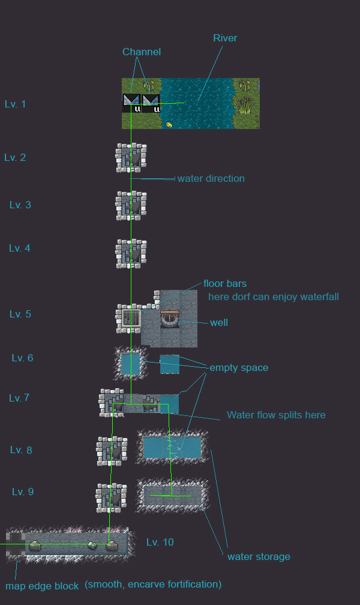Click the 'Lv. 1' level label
pyautogui.click(x=15, y=104)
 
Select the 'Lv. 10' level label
pyautogui.click(x=160, y=542)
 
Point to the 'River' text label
pyautogui.click(x=225, y=38)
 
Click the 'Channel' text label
pyautogui.click(x=142, y=52)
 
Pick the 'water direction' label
pyautogui.click(x=211, y=178)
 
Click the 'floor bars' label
pyautogui.click(x=225, y=283)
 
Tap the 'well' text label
pyautogui.click(x=219, y=322)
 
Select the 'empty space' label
pyautogui.click(x=238, y=367)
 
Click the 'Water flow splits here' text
pyautogui.click(x=276, y=415)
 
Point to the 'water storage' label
pyautogui.click(x=259, y=556)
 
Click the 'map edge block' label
pyautogui.click(x=42, y=586)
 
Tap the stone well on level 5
pyautogui.click(x=170, y=319)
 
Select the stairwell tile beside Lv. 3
pyautogui.click(x=131, y=206)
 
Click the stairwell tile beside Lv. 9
pyautogui.click(x=111, y=498)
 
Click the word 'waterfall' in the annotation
pyautogui.click(x=318, y=296)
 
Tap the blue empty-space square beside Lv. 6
pyautogui.click(x=130, y=364)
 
